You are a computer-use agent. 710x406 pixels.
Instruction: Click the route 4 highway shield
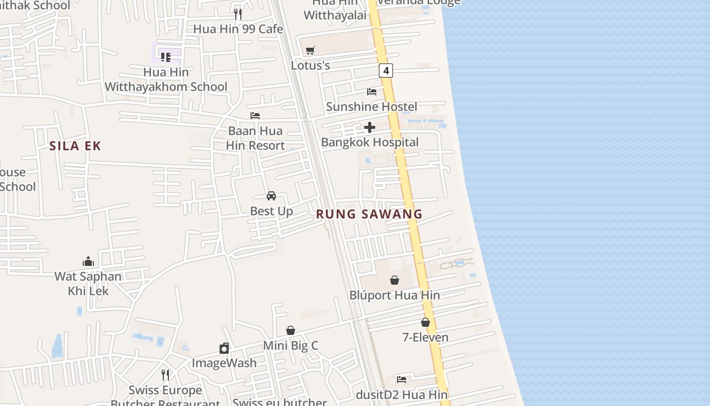point(386,71)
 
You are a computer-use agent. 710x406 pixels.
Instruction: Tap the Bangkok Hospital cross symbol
point(370,127)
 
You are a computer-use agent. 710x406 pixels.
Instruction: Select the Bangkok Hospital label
point(370,142)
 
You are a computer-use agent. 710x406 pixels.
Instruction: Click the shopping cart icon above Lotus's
point(310,50)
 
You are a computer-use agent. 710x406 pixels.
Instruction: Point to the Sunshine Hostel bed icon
point(372,92)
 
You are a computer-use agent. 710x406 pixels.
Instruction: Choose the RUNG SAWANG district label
point(369,214)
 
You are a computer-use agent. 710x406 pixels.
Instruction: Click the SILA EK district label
point(76,146)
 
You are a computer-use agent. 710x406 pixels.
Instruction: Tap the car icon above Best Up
point(271,196)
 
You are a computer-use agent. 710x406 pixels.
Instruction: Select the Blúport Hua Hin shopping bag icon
point(395,280)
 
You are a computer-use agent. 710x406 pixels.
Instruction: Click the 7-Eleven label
point(425,337)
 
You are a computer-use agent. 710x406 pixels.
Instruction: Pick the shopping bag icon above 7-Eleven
point(425,322)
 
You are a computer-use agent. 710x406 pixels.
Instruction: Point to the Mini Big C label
point(291,346)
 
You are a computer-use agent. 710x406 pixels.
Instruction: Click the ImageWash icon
point(224,348)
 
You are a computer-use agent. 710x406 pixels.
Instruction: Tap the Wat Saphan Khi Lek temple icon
point(88,261)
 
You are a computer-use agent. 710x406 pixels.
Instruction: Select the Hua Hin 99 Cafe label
point(238,29)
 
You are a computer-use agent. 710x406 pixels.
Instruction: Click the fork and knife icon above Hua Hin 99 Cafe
point(238,14)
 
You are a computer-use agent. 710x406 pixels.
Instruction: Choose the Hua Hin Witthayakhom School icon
point(166,57)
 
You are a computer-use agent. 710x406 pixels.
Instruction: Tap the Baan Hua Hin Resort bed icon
point(255,116)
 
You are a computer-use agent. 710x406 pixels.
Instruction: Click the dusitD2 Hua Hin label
point(402,395)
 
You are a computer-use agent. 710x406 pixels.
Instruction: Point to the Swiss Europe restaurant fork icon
point(165,375)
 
